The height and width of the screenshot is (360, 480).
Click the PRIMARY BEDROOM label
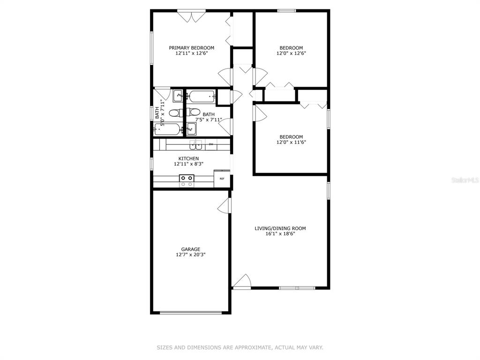[192, 48]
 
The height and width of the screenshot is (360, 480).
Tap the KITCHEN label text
[188, 158]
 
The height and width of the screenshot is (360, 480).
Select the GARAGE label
[190, 249]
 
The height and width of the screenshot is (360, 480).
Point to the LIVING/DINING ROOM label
[280, 228]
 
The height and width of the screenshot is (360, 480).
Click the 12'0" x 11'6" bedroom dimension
[291, 142]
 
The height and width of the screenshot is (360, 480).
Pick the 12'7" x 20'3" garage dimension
[190, 255]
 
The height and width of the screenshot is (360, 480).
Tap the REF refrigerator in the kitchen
[222, 178]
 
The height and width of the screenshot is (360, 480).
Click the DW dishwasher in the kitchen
[211, 144]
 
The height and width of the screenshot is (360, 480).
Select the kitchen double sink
[195, 144]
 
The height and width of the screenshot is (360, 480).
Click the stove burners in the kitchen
[187, 180]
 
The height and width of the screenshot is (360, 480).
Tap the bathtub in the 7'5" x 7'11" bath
[201, 97]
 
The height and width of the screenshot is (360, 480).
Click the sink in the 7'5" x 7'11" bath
[192, 128]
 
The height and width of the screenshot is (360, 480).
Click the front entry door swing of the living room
[242, 281]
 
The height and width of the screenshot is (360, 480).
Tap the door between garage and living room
[224, 205]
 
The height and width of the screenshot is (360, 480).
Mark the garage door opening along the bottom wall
[191, 313]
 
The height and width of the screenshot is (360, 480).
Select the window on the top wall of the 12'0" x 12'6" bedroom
[287, 11]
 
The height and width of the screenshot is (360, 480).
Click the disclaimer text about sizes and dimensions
[240, 347]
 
